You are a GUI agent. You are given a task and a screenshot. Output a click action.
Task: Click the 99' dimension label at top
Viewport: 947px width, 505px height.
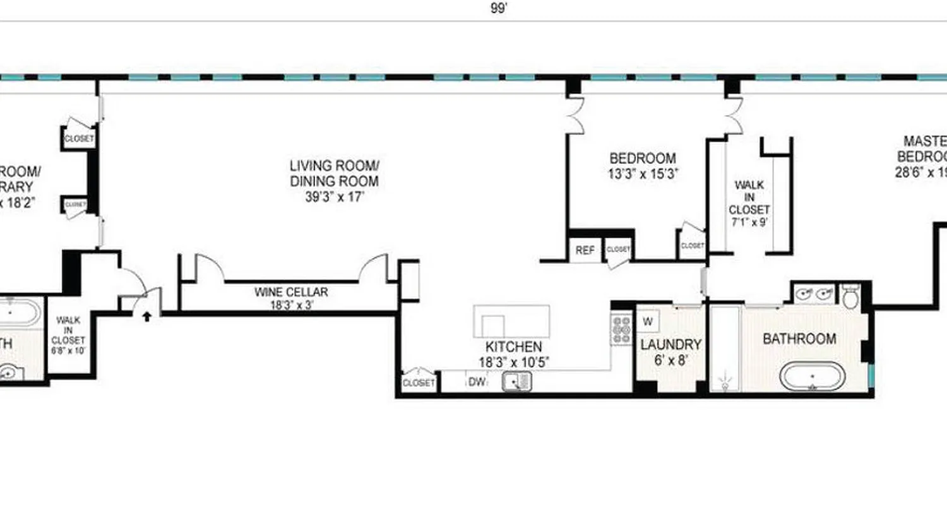pyautogui.click(x=498, y=8)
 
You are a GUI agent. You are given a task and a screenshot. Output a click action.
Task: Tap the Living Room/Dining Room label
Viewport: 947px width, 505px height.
pyautogui.click(x=334, y=181)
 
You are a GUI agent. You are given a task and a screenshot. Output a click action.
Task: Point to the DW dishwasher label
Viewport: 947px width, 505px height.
pyautogui.click(x=477, y=382)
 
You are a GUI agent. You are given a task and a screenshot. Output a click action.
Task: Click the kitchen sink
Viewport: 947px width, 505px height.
pyautogui.click(x=517, y=381)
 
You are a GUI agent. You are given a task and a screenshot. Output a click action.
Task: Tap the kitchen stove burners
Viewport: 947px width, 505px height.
pyautogui.click(x=621, y=330)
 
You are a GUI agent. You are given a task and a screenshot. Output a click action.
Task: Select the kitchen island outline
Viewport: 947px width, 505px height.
pyautogui.click(x=511, y=321)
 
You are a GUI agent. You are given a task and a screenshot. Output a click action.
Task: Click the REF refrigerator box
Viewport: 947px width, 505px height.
pyautogui.click(x=585, y=250)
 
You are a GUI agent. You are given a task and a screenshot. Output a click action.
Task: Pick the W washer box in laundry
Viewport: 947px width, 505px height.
pyautogui.click(x=647, y=321)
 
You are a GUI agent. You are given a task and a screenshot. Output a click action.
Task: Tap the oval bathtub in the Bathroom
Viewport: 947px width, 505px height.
pyautogui.click(x=812, y=378)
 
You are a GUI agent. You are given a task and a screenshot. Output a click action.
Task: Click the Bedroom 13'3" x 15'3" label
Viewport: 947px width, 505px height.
pyautogui.click(x=643, y=166)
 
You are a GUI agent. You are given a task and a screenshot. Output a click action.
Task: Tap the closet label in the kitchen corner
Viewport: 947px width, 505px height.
pyautogui.click(x=419, y=383)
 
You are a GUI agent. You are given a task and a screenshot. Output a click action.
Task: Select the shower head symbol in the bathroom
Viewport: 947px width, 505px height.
pyautogui.click(x=724, y=383)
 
